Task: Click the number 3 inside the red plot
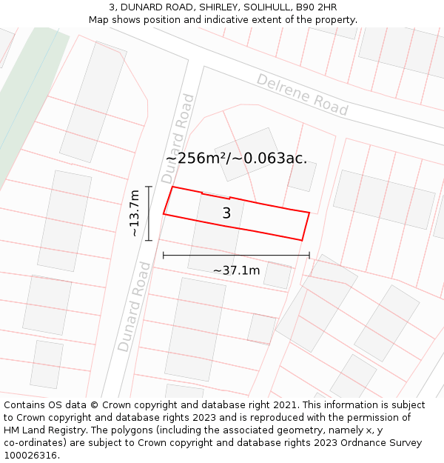tap(226, 213)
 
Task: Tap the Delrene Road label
tap(302, 94)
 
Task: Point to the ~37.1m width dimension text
tap(236, 270)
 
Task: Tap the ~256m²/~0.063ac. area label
tap(236, 158)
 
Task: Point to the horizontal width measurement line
tap(236, 256)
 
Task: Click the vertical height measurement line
tap(149, 213)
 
